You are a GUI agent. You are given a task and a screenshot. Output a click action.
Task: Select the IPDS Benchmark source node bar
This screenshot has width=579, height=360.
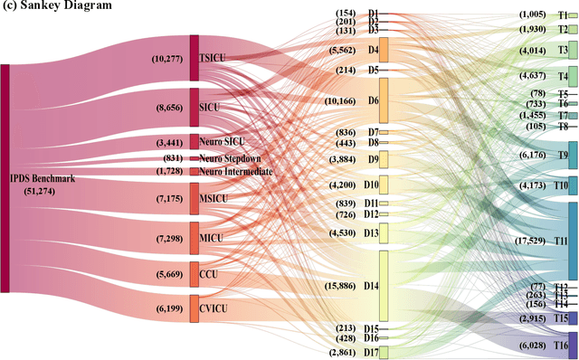(5, 178)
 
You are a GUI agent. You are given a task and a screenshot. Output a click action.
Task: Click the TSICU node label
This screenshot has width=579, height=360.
(212, 58)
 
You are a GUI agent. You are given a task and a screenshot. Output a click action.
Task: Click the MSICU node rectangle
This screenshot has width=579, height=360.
(195, 198)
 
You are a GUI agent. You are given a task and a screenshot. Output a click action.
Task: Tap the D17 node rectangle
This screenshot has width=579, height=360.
(384, 352)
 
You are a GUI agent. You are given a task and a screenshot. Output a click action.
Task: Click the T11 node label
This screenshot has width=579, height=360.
(561, 242)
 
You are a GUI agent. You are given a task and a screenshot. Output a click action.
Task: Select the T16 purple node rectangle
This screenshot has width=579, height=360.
(572, 345)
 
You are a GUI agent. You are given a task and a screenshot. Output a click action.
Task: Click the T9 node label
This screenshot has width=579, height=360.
(560, 156)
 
